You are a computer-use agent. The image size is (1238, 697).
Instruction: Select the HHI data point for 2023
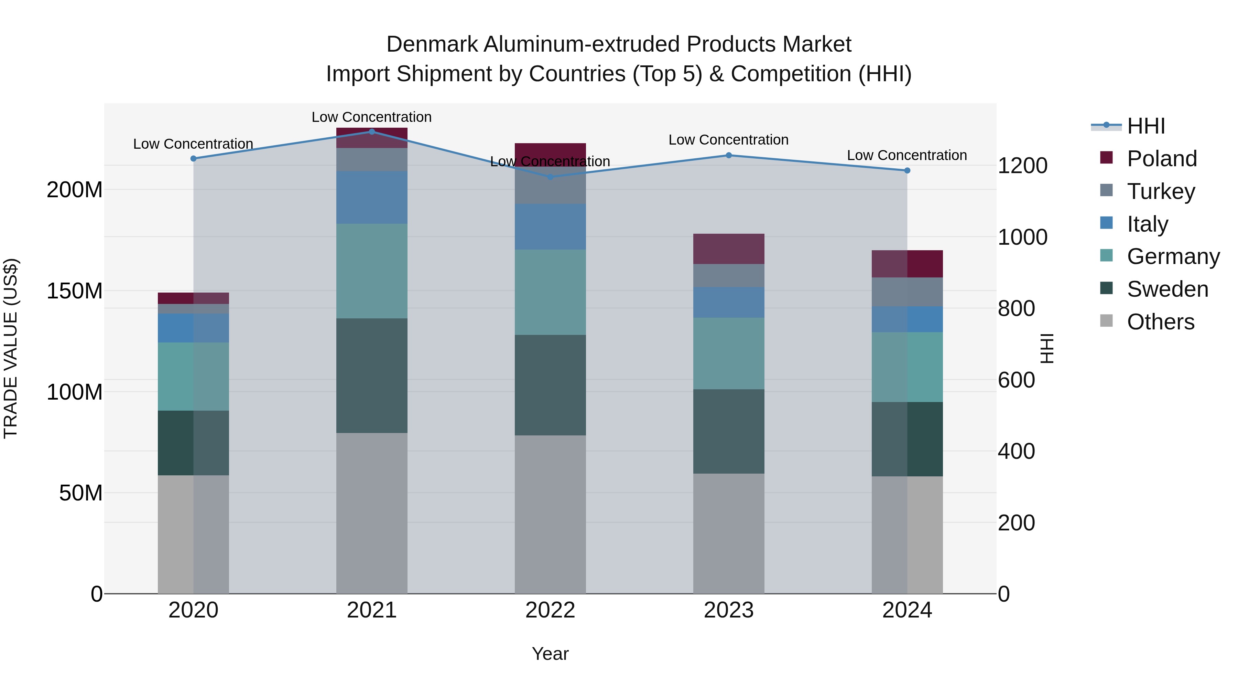pos(729,155)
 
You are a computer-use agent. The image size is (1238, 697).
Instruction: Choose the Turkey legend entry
pos(1160,191)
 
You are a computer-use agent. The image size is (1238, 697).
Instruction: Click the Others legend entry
pos(1160,322)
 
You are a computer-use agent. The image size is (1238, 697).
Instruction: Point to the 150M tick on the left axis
pos(75,291)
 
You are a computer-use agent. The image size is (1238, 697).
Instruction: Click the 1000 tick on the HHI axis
pos(1022,237)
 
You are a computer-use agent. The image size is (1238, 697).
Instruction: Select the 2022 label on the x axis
pos(550,610)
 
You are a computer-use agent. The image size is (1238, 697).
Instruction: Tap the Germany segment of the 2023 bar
pos(729,353)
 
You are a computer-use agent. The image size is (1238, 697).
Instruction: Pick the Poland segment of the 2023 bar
pos(729,249)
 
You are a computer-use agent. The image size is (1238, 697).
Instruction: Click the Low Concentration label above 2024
pos(906,155)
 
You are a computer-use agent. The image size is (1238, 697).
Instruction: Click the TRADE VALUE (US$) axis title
pos(11,348)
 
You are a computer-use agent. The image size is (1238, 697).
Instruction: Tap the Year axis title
pos(550,654)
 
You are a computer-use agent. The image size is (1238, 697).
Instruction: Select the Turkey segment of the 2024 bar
pos(907,292)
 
